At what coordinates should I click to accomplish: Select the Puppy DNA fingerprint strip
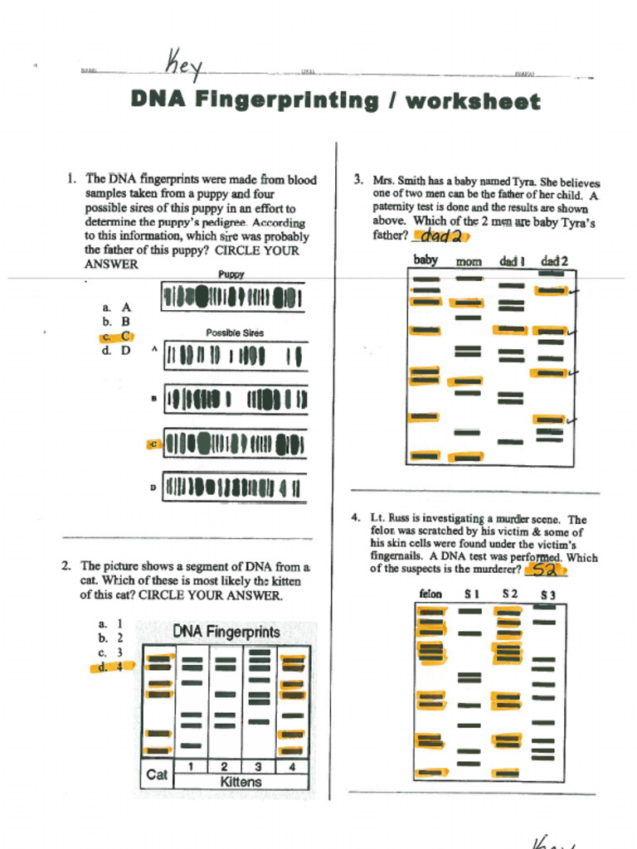pyautogui.click(x=233, y=297)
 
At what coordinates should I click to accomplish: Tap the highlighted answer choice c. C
pyautogui.click(x=116, y=336)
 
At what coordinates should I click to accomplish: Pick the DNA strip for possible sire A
pyautogui.click(x=235, y=357)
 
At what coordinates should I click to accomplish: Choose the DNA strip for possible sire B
pyautogui.click(x=235, y=400)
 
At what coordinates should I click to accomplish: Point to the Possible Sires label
pyautogui.click(x=235, y=332)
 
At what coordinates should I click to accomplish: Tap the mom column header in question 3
pyautogui.click(x=469, y=262)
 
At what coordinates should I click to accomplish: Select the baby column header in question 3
pyautogui.click(x=425, y=260)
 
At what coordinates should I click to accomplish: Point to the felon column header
pyautogui.click(x=430, y=594)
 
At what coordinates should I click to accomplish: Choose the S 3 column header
pyautogui.click(x=547, y=594)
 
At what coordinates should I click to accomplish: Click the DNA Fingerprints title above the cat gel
pyautogui.click(x=226, y=632)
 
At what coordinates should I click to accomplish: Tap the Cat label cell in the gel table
pyautogui.click(x=157, y=774)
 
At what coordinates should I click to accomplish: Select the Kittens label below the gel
pyautogui.click(x=241, y=782)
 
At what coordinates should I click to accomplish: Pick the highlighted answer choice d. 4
pyautogui.click(x=111, y=667)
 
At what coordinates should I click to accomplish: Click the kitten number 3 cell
pyautogui.click(x=259, y=767)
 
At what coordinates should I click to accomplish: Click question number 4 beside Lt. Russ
pyautogui.click(x=356, y=518)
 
